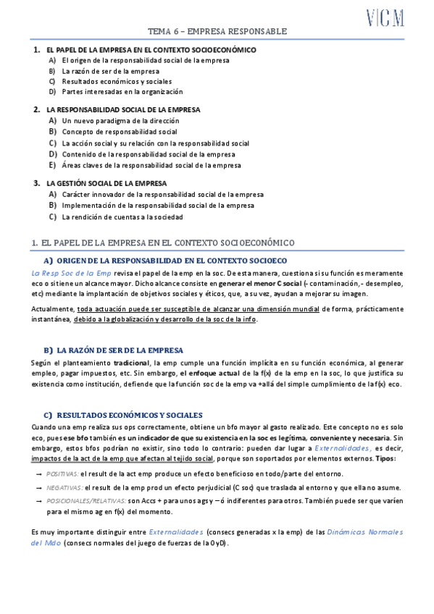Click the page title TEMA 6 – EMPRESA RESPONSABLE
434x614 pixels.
click(217, 32)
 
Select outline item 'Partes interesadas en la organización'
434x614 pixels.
click(122, 92)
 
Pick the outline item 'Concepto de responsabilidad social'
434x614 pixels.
click(120, 132)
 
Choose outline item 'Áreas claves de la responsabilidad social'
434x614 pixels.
click(151, 165)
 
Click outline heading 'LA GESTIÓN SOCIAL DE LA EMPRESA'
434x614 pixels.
click(107, 183)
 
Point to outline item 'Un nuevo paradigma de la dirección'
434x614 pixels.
click(120, 121)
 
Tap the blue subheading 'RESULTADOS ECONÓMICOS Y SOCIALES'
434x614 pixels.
click(129, 415)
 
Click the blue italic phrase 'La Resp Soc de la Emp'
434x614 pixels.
click(71, 273)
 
